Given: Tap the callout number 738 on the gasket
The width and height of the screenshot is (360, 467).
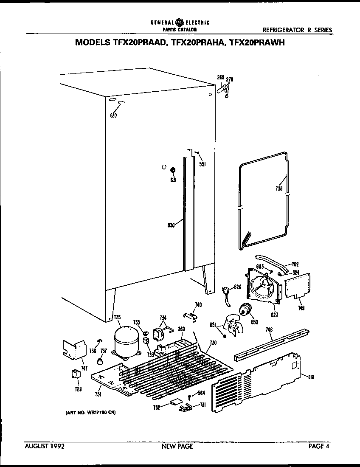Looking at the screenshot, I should [x=278, y=189].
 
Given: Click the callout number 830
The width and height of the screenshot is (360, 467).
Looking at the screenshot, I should [x=171, y=226].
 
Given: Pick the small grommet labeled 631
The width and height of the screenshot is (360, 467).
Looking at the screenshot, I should [x=173, y=171].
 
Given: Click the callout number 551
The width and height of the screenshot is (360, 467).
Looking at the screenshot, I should [x=202, y=164].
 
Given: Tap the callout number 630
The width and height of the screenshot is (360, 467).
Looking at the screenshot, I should [x=113, y=115].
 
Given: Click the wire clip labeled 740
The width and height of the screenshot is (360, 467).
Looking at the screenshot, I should [x=190, y=315].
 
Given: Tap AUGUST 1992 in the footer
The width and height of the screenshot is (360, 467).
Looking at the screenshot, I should [x=45, y=446].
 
